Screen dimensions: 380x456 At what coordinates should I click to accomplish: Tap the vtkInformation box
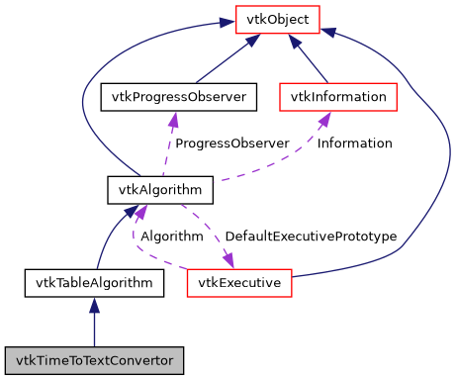[x=338, y=97]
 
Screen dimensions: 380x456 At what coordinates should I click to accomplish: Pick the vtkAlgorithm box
[x=146, y=187]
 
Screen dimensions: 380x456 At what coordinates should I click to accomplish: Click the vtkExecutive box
[x=238, y=284]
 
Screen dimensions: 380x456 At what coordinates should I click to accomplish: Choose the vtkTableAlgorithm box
[x=94, y=284]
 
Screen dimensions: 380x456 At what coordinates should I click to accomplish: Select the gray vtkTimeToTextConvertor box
[x=94, y=359]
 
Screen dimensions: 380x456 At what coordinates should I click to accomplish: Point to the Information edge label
[x=354, y=142]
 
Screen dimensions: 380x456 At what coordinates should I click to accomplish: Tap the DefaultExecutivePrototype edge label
[x=311, y=237]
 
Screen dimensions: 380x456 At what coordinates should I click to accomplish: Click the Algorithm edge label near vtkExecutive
[x=172, y=237]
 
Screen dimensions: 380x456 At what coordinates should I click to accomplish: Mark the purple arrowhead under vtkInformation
[x=323, y=118]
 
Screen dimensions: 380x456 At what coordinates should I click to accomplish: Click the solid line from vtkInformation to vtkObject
[x=310, y=63]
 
